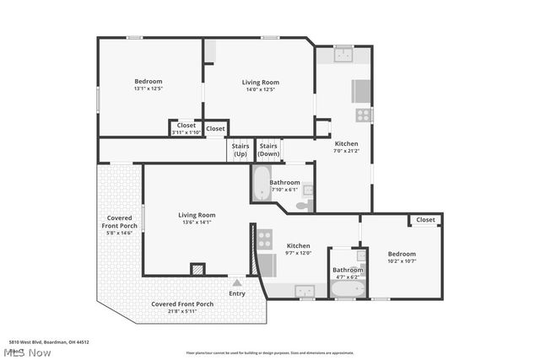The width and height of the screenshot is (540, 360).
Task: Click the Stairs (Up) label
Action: click(x=240, y=150)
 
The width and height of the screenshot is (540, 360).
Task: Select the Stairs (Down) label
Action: click(x=268, y=150)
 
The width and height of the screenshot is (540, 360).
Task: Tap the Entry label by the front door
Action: click(x=237, y=293)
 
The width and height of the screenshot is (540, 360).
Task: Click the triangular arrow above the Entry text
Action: click(x=237, y=284)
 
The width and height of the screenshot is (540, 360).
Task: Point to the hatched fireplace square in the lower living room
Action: click(x=197, y=270)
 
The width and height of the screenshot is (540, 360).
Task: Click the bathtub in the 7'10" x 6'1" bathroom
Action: click(x=259, y=182)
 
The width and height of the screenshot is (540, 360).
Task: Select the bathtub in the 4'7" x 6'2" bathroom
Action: click(x=346, y=289)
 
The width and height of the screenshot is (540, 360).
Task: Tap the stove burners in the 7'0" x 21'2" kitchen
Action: click(x=363, y=115)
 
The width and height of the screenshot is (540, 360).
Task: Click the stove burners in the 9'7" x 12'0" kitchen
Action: click(x=265, y=239)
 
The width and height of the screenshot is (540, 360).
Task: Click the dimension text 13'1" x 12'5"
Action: click(x=148, y=89)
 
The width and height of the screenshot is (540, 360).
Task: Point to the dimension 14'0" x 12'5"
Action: click(x=260, y=89)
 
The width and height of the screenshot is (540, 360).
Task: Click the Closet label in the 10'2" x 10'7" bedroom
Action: click(x=425, y=220)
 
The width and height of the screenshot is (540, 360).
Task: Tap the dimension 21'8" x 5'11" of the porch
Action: click(x=181, y=311)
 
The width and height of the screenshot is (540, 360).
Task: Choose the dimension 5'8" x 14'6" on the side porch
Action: click(x=119, y=233)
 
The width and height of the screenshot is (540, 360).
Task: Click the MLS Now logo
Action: click(x=26, y=352)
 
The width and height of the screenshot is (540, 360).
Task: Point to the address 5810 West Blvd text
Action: click(x=49, y=342)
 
